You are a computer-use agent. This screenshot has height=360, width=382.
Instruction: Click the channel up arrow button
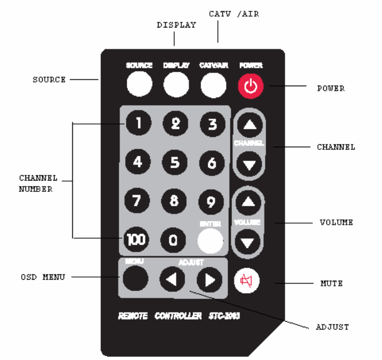click(x=249, y=126)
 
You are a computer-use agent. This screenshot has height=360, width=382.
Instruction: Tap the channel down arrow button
click(x=249, y=164)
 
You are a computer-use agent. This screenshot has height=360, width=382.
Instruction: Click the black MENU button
click(x=135, y=279)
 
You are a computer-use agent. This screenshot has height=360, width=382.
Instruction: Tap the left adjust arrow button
click(x=172, y=279)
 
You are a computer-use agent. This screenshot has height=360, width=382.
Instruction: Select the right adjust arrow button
click(x=209, y=279)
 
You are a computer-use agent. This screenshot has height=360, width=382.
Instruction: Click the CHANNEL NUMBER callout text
click(x=36, y=183)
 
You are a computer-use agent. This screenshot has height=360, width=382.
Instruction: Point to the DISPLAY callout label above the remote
click(x=176, y=25)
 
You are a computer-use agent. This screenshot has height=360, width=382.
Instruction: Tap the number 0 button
click(x=174, y=240)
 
